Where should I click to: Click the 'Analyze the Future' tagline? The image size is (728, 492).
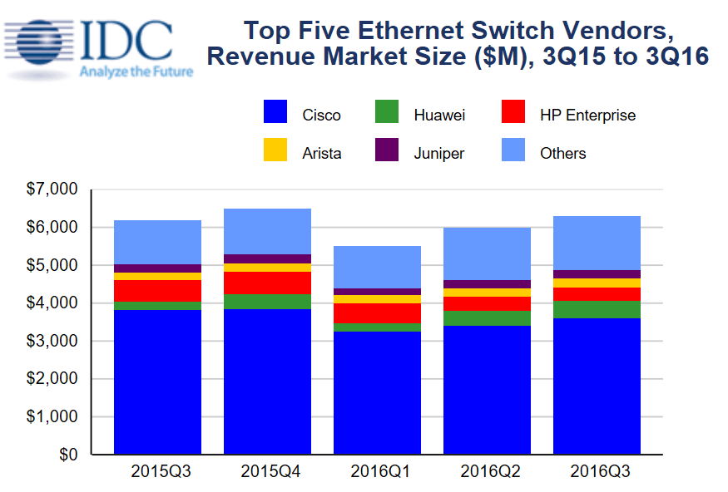136,71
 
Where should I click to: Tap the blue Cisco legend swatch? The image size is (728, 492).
275,113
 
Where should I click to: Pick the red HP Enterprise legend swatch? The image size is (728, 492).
513,113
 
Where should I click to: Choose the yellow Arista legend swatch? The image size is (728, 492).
275,151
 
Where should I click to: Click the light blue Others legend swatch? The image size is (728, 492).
513,151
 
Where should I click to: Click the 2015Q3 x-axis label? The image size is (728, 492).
157,472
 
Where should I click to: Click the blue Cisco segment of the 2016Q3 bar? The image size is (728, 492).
597,386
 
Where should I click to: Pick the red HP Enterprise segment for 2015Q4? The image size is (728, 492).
267,283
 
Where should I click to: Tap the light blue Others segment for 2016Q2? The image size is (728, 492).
487,253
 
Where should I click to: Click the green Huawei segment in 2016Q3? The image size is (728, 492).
597,309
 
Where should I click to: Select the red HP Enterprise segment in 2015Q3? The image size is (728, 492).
157,291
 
